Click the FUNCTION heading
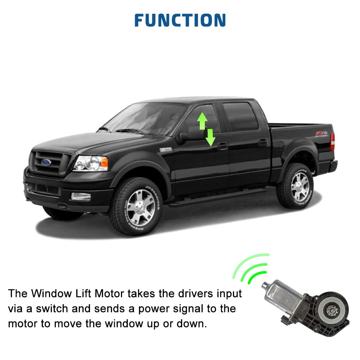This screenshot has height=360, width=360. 180,20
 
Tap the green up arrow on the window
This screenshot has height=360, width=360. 202,121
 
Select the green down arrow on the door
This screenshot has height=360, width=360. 210,137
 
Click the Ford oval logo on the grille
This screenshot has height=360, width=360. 46,162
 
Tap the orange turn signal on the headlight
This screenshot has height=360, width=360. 104,162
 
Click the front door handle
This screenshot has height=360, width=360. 222,145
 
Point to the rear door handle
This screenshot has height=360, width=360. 263,142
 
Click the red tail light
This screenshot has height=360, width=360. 332,141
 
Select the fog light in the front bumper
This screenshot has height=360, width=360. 81,197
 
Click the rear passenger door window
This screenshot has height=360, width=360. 240,117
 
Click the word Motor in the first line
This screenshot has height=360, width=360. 109,294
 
